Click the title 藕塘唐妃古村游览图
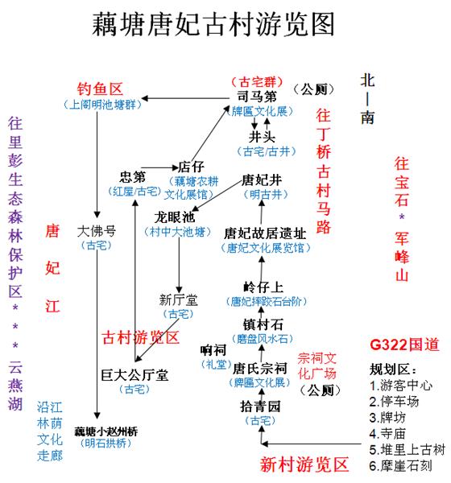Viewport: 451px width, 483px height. click(213, 24)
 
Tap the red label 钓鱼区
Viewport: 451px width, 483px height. click(100, 89)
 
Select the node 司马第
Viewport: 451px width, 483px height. click(257, 97)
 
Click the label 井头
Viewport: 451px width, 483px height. click(262, 137)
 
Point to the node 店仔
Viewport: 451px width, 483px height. click(192, 167)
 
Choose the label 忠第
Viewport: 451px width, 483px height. click(133, 177)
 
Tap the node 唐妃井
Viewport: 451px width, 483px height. click(262, 180)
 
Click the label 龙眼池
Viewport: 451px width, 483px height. click(175, 217)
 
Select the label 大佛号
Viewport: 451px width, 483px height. click(97, 231)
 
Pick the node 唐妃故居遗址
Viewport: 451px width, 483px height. click(265, 233)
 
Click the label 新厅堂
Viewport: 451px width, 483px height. click(179, 299)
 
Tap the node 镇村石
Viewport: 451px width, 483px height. click(263, 324)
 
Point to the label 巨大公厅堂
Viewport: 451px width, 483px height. click(134, 375)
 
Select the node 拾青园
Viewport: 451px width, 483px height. click(260, 407)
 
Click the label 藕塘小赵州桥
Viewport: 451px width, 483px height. click(106, 431)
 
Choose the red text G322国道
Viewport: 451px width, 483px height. click(404, 344)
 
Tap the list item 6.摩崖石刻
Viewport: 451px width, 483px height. click(400, 466)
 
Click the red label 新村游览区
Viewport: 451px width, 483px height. click(304, 464)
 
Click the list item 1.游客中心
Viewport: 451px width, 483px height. click(401, 386)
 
